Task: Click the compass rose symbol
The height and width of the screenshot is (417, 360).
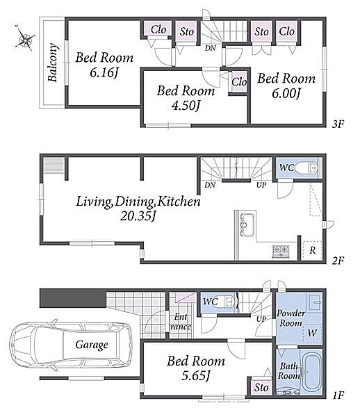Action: (x=25, y=38)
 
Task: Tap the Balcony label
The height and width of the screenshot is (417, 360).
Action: (x=52, y=63)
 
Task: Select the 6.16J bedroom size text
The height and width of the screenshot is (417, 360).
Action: (x=104, y=72)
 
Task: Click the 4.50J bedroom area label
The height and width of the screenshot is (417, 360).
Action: (x=186, y=106)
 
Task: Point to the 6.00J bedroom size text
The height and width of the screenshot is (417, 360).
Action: (x=286, y=93)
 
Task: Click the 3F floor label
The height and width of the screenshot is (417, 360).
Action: (x=338, y=124)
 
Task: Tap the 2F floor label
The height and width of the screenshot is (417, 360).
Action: (x=338, y=261)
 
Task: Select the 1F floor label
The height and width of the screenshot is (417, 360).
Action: (x=338, y=395)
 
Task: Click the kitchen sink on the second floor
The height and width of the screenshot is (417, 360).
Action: (x=247, y=225)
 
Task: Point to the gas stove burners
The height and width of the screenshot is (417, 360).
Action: (x=281, y=252)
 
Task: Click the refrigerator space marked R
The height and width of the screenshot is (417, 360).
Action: (x=313, y=250)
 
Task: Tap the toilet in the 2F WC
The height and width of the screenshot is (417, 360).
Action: (x=306, y=168)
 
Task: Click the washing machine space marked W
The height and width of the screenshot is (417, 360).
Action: (x=313, y=333)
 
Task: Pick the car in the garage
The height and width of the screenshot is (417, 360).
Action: (x=71, y=345)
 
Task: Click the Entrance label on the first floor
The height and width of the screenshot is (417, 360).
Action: (x=181, y=322)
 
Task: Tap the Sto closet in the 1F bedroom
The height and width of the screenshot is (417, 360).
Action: (x=261, y=388)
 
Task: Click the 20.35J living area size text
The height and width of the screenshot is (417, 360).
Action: (x=138, y=216)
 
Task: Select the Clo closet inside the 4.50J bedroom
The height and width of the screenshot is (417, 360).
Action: (x=239, y=82)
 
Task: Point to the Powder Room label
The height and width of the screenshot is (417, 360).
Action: (x=291, y=318)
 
